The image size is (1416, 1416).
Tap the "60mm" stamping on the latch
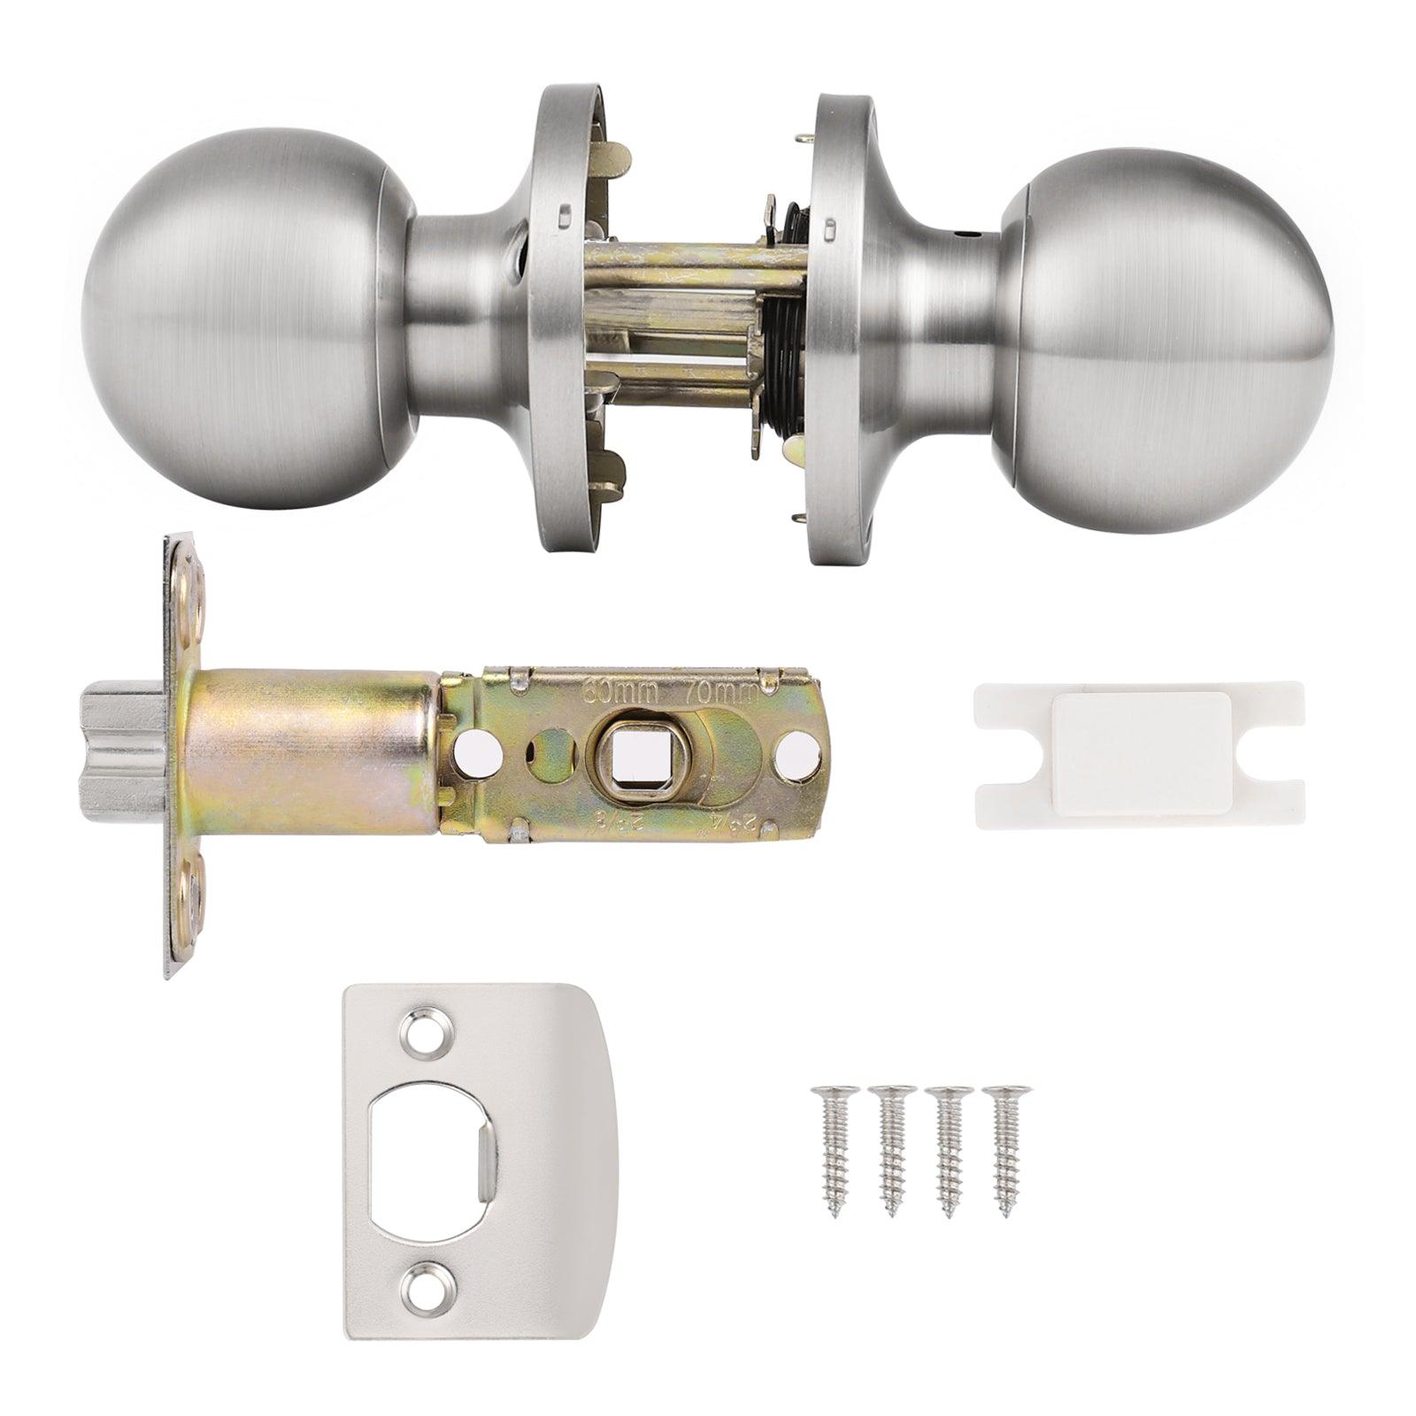(x=625, y=689)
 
